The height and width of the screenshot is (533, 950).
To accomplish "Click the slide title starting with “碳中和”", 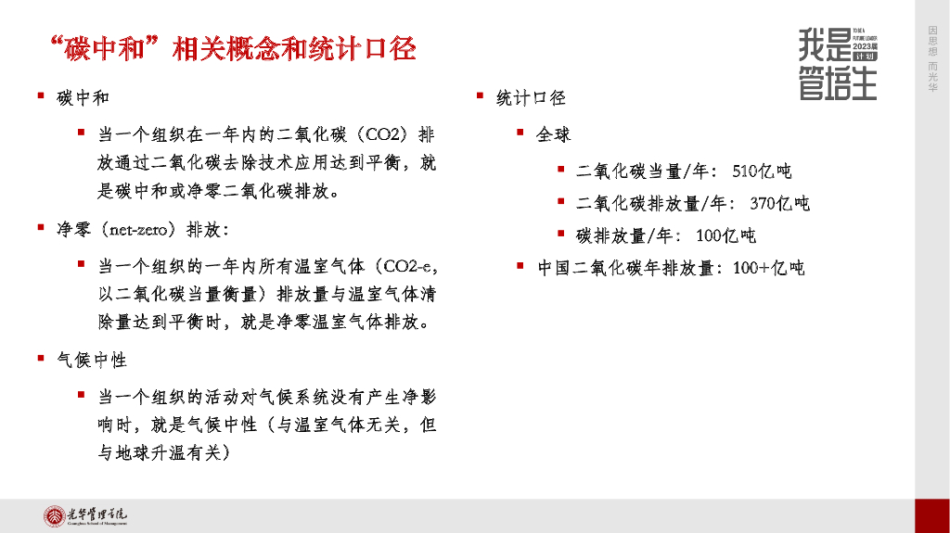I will tap(231, 49).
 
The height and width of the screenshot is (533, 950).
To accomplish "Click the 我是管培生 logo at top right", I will tap(837, 63).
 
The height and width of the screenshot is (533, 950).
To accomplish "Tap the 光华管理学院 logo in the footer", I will tap(88, 515).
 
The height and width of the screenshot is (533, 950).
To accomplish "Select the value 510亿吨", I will tap(762, 171).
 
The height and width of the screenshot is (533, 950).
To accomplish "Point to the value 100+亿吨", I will tap(768, 268).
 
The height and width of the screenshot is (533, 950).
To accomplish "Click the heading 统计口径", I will tap(531, 97).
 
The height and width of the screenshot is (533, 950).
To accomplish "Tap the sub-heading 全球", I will tap(554, 134).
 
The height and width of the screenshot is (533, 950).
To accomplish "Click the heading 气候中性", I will tap(92, 359).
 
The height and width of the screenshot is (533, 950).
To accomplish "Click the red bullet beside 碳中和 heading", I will tap(41, 96).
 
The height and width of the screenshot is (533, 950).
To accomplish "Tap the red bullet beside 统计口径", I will tap(480, 96).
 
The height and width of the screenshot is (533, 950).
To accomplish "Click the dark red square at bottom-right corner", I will tap(931, 515).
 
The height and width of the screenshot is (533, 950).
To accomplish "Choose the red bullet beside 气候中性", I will tap(41, 358).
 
